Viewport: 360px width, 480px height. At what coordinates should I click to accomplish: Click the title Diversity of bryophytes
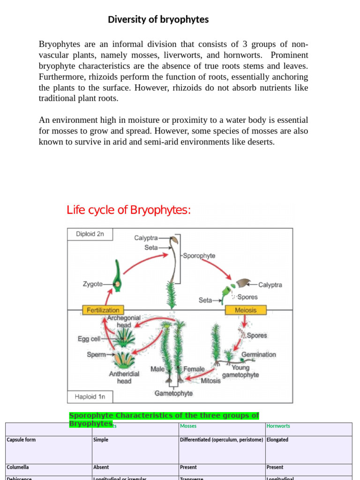coord(158,20)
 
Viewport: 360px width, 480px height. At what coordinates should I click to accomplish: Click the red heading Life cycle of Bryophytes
coord(128,210)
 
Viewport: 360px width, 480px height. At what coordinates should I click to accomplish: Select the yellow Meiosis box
coord(246,310)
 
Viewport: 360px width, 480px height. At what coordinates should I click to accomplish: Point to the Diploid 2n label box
coord(90,234)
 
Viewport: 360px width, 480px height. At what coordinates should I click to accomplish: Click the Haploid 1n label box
coord(90,397)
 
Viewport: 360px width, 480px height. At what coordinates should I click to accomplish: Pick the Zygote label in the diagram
coord(93,284)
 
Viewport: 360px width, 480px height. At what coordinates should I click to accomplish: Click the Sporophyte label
coord(199,256)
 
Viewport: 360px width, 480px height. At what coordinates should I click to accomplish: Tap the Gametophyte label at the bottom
coord(173,393)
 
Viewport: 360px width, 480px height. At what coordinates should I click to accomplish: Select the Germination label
coord(258,354)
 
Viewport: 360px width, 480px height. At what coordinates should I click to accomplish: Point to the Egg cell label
coord(89,338)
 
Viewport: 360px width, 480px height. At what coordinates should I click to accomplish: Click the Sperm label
coord(96,355)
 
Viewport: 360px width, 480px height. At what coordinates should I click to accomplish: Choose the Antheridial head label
coord(124,377)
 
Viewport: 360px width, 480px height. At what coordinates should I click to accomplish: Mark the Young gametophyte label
coord(240,371)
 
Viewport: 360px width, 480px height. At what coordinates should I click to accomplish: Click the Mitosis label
coord(210,381)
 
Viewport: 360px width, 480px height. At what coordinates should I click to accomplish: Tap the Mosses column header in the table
coord(188,426)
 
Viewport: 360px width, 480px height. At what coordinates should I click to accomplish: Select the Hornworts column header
coord(278,426)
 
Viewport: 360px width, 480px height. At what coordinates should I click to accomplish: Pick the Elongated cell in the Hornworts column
coord(277,440)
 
